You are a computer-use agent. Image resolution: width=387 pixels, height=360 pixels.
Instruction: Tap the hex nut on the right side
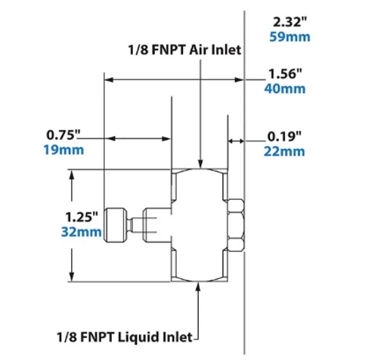(x=237, y=225)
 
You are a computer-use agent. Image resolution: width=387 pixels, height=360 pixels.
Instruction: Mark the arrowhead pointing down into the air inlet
(x=200, y=162)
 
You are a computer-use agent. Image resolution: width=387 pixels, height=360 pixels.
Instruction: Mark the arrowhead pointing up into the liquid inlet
(x=200, y=287)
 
